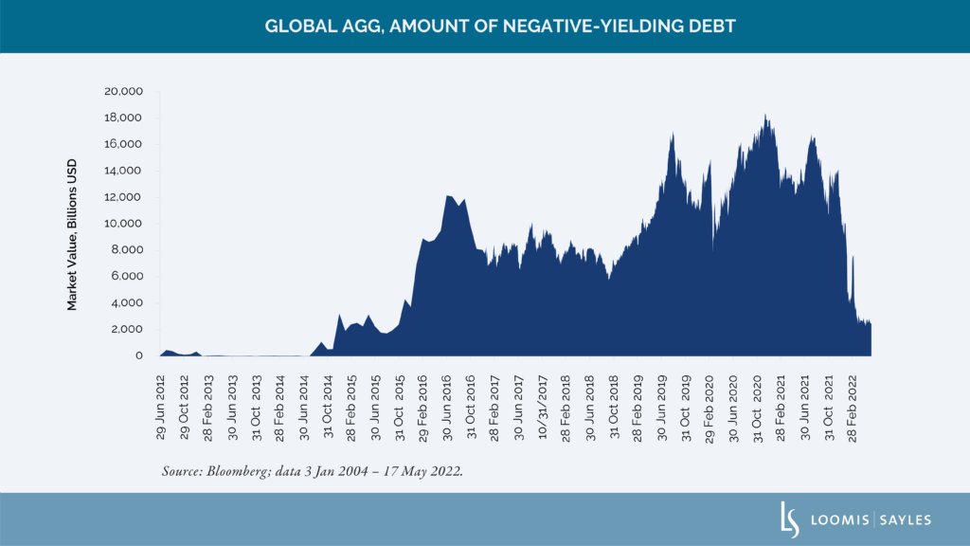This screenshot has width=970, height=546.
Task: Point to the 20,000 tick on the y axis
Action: (x=122, y=91)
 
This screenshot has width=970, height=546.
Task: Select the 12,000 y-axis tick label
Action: (x=122, y=197)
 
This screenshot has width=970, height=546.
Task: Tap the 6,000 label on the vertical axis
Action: (x=125, y=276)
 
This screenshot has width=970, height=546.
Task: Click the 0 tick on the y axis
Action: (x=138, y=355)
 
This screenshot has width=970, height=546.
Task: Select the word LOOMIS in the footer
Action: (x=835, y=519)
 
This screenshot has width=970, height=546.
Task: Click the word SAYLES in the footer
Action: (x=906, y=519)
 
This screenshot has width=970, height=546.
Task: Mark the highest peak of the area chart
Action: (x=764, y=116)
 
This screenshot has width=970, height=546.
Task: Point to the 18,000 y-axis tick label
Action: (x=122, y=118)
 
